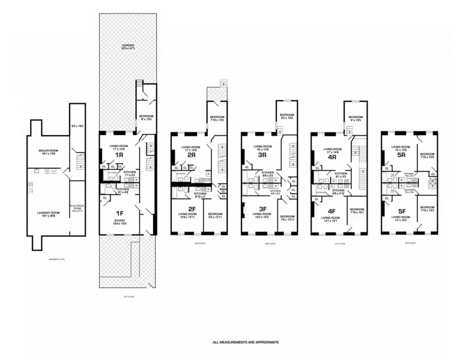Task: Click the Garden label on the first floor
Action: (x=127, y=45)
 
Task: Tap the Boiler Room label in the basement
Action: (x=47, y=151)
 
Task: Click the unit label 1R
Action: (x=119, y=155)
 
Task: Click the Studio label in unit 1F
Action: (x=120, y=222)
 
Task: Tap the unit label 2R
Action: (x=192, y=155)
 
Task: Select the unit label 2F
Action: (x=192, y=209)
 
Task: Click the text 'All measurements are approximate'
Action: (x=246, y=342)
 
